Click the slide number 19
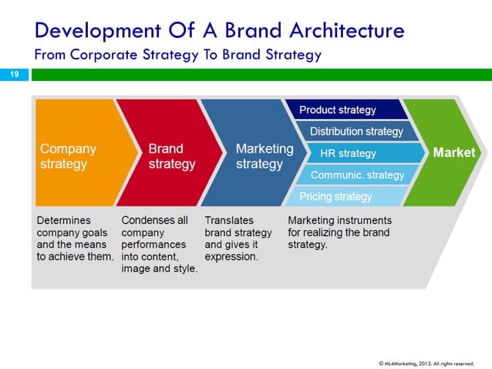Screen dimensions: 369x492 coord(13,74)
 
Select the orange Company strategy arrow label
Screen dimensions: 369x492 coord(68,156)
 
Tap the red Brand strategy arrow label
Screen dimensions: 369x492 coord(171,156)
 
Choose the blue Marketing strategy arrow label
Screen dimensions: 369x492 coord(264,156)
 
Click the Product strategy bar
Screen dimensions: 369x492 coord(337,110)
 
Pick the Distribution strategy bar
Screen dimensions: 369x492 coord(356,131)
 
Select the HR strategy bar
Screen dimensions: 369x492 coord(348,153)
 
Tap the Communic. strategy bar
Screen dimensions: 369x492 coord(357,174)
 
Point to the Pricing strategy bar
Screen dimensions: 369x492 coord(335,196)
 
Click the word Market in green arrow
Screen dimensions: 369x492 coord(453,153)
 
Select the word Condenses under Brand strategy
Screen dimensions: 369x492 coord(154,220)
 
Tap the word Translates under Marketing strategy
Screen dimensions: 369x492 coord(229,220)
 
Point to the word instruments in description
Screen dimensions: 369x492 coord(361,220)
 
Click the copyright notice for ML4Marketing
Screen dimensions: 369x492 coord(426,361)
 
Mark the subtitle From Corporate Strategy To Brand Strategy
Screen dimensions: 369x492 coord(177,55)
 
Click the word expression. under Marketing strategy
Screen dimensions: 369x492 coord(231,256)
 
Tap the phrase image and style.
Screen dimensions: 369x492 coord(160,269)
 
